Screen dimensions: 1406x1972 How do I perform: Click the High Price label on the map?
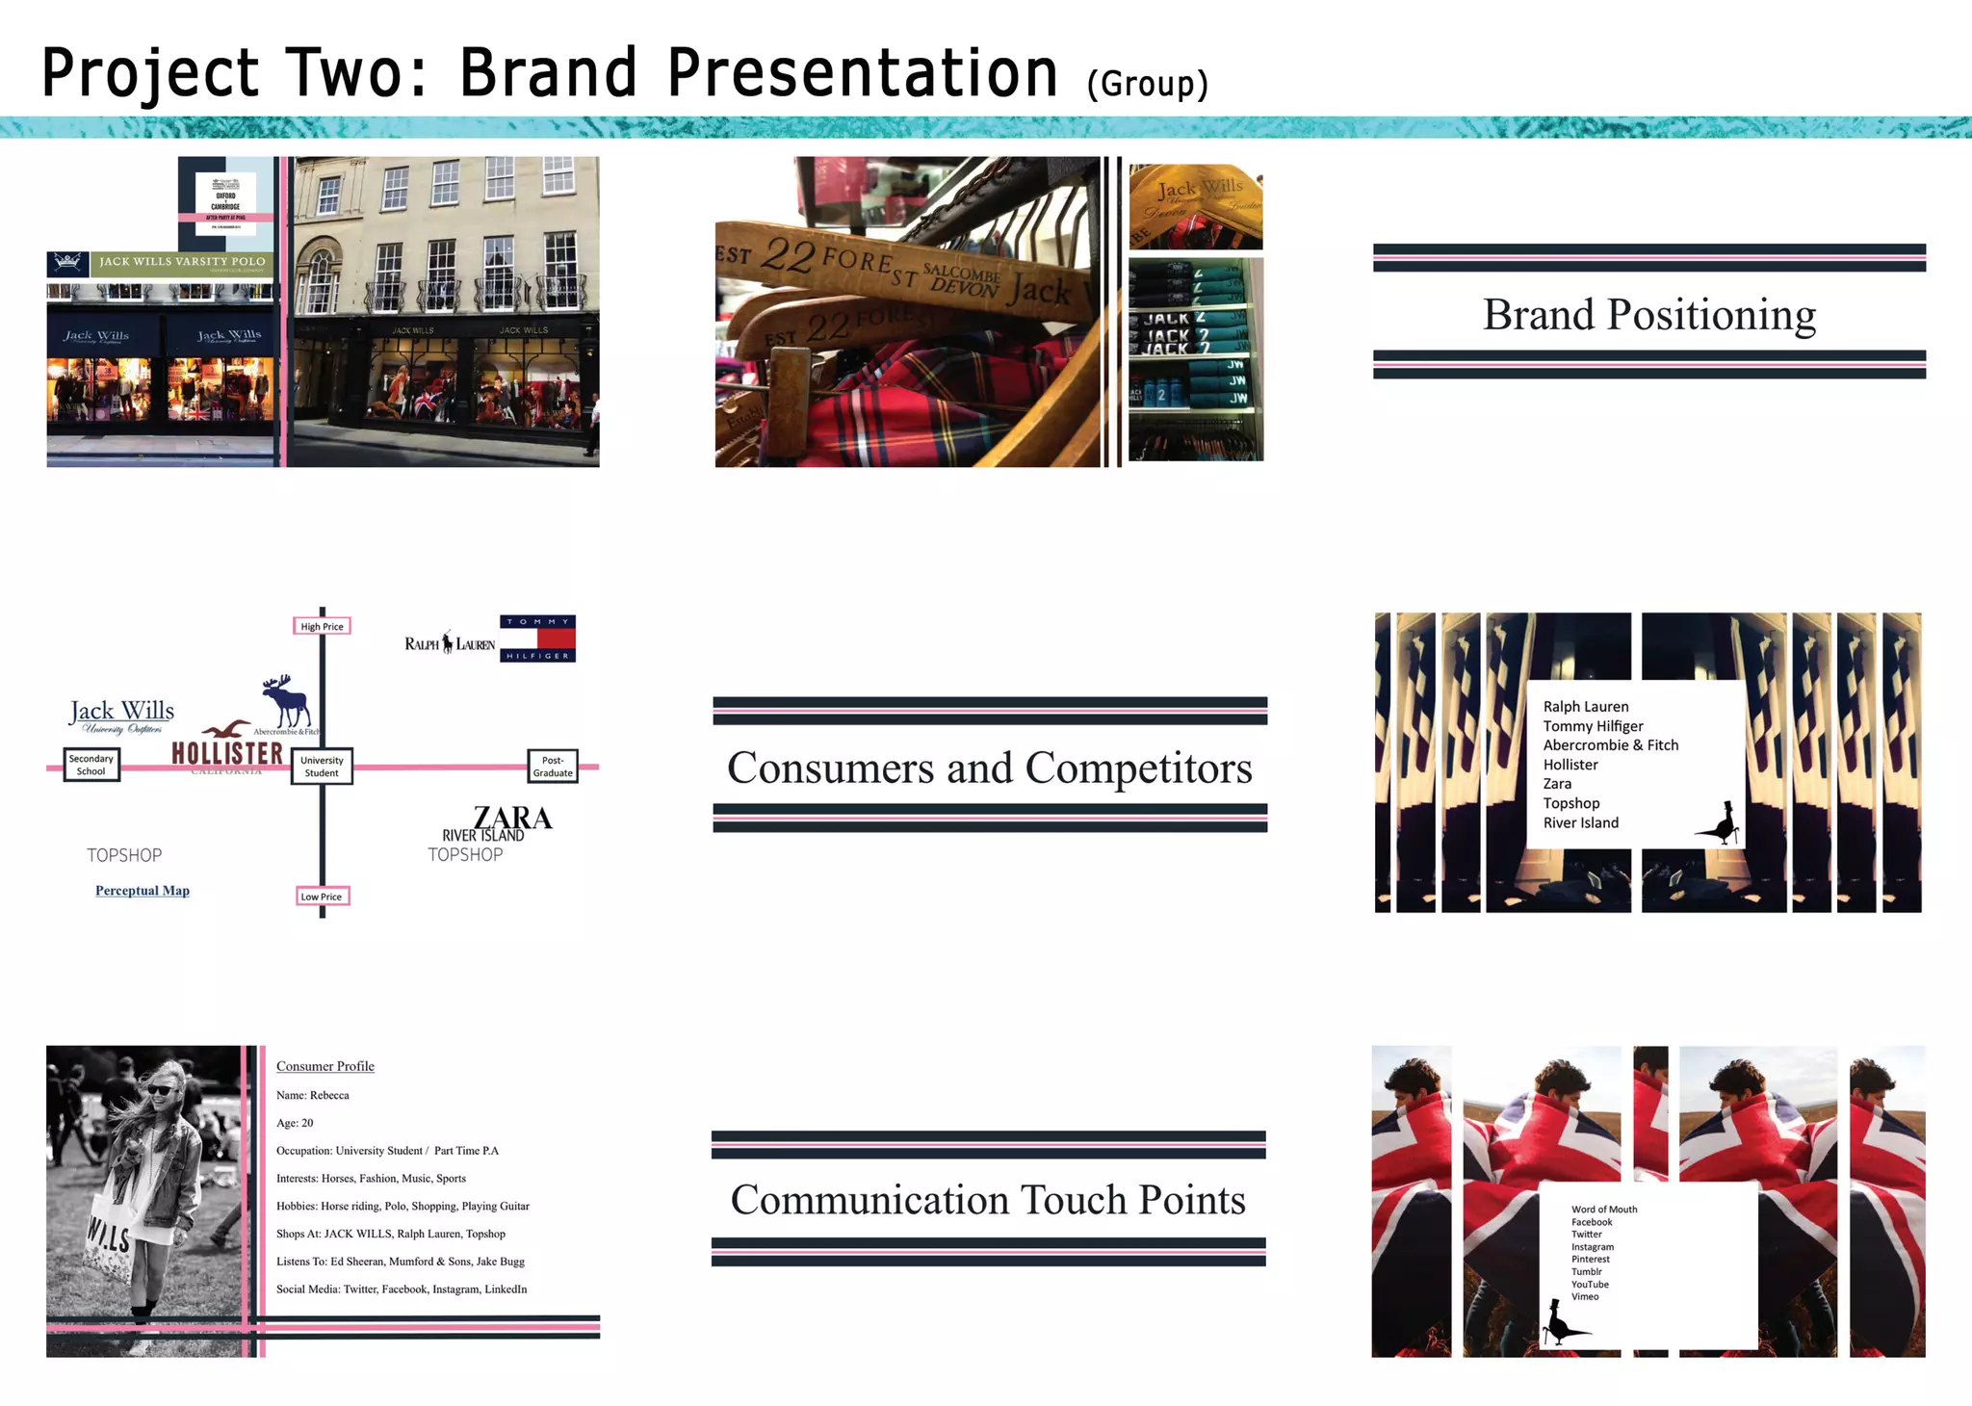(322, 626)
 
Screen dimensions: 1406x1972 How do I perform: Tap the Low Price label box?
(322, 897)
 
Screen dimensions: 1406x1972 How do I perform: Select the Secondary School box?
(91, 765)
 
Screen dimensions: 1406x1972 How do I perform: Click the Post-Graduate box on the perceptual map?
(553, 767)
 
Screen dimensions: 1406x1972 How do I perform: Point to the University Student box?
(322, 767)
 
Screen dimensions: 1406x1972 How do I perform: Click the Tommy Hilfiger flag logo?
(537, 638)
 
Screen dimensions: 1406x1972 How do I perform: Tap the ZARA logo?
(513, 818)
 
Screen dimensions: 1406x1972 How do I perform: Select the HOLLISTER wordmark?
(227, 753)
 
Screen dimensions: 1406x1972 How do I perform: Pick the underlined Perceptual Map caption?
(143, 891)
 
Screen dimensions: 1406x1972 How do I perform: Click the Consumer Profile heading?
(325, 1066)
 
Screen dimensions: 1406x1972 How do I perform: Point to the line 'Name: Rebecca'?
(313, 1095)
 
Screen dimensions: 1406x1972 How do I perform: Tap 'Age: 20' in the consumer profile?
(295, 1123)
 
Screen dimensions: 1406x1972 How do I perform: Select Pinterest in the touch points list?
(1591, 1259)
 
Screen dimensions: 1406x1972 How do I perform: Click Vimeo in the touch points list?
(1585, 1296)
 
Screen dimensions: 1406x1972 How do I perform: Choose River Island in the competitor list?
(1581, 822)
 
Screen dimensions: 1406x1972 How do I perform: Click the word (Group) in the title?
(1147, 85)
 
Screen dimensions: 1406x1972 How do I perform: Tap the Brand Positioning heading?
(1649, 315)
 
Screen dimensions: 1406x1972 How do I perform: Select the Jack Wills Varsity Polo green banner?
(182, 262)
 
